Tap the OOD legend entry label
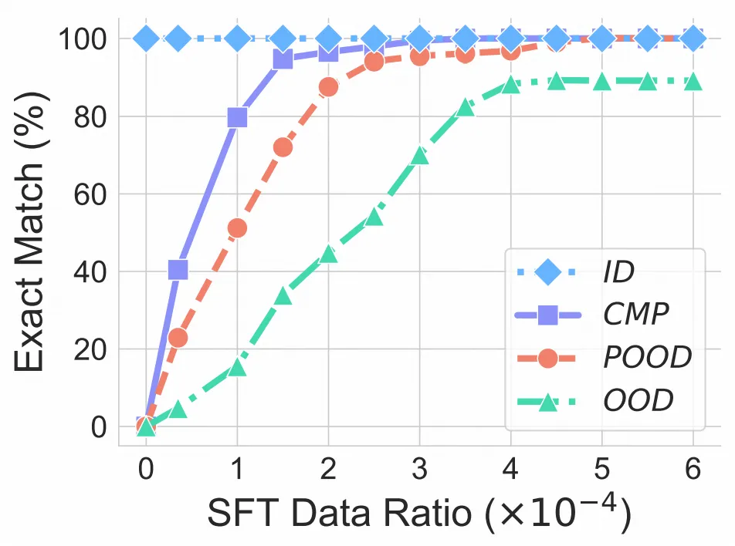[638, 401]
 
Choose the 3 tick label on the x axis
[419, 470]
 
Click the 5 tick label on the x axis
[601, 470]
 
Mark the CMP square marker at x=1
[237, 117]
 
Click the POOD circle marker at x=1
[237, 228]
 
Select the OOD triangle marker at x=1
[237, 367]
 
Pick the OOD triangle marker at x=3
[419, 156]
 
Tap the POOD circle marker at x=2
[328, 87]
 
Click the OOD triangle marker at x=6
[693, 81]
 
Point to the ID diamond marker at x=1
[237, 38]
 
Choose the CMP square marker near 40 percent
[178, 270]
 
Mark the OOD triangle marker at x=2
[328, 253]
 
